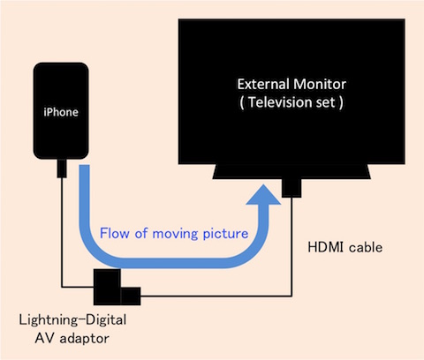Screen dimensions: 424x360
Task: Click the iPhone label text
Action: point(61,112)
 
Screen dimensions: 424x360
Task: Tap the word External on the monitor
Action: point(263,84)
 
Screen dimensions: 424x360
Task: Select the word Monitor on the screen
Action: point(320,84)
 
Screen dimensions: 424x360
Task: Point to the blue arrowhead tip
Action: point(263,184)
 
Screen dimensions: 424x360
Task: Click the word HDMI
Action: point(325,247)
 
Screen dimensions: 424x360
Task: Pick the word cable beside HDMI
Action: point(366,247)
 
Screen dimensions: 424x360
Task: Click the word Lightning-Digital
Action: point(72,320)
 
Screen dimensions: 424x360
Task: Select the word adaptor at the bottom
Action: point(84,339)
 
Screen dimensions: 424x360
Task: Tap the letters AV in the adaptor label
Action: point(44,338)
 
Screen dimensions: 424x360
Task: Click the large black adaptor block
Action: point(107,287)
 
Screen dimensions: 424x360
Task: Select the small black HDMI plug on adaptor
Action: point(131,296)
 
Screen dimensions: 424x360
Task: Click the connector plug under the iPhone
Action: point(62,169)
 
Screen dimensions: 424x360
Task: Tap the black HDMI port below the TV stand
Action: point(291,188)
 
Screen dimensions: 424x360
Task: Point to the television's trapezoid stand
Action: point(291,171)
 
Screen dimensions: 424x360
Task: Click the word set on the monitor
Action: point(325,102)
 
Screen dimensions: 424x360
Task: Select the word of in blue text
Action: point(141,233)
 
